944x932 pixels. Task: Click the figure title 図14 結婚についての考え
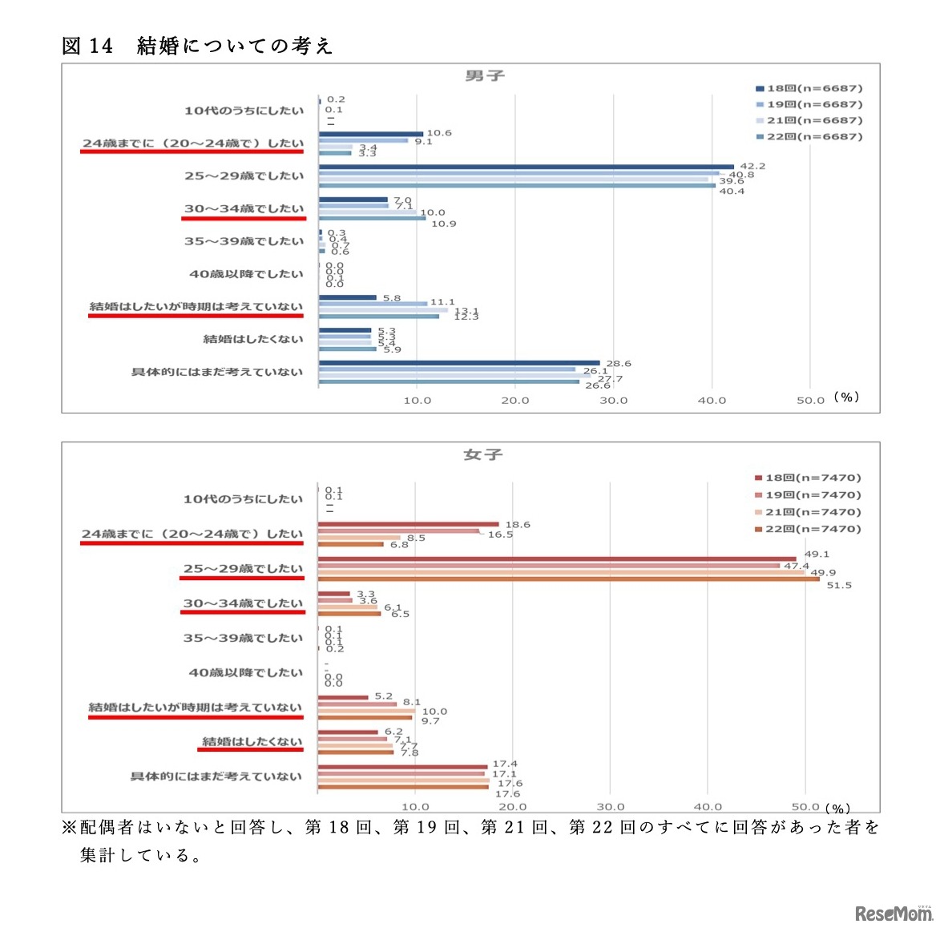point(196,46)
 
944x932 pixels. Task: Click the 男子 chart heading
point(485,76)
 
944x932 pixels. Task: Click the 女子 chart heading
point(483,455)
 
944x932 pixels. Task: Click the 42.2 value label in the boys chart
point(752,166)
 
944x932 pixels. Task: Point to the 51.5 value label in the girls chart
point(839,585)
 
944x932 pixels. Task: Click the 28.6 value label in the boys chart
point(618,364)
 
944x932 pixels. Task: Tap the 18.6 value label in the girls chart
point(518,525)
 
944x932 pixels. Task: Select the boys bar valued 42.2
point(526,167)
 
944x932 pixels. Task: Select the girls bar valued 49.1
point(556,559)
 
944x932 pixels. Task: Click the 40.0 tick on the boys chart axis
point(712,400)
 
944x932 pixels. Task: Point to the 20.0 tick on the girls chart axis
point(512,807)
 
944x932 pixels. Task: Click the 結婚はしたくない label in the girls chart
point(252,741)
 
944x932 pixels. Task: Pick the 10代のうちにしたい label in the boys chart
point(244,111)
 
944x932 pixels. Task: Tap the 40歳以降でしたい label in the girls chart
point(245,672)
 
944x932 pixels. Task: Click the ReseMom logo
point(893,913)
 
